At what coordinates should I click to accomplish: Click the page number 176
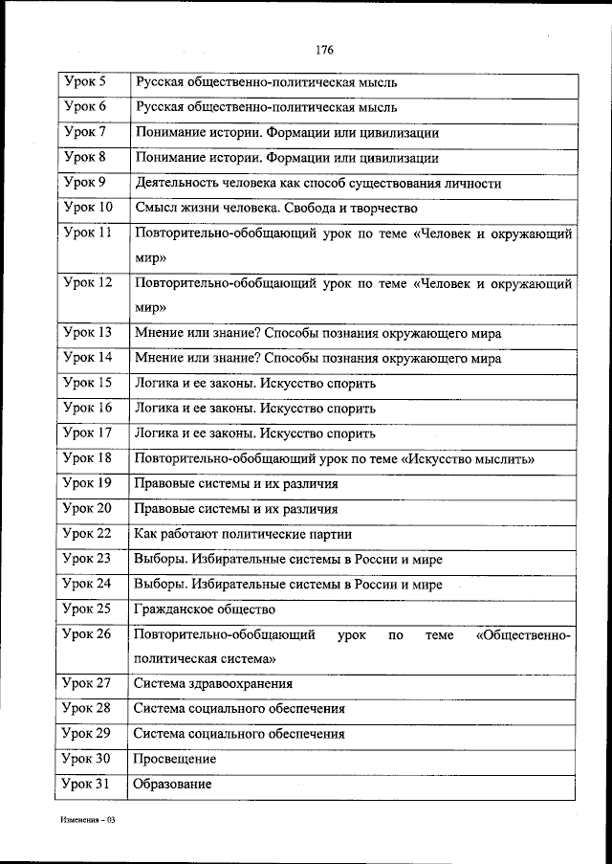point(322,50)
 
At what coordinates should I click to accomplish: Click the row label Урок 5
point(84,82)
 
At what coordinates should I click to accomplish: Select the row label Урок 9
point(84,182)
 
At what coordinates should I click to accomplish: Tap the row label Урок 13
point(87,332)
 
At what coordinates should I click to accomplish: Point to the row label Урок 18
point(87,458)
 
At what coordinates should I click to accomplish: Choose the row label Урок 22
point(87,533)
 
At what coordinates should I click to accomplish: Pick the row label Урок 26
point(87,634)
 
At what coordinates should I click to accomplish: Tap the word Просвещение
point(175,759)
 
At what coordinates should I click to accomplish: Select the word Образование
point(173,784)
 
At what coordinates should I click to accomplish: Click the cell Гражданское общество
point(205,609)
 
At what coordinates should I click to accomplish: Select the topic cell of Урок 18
point(335,459)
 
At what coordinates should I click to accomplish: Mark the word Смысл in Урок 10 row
point(156,208)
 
